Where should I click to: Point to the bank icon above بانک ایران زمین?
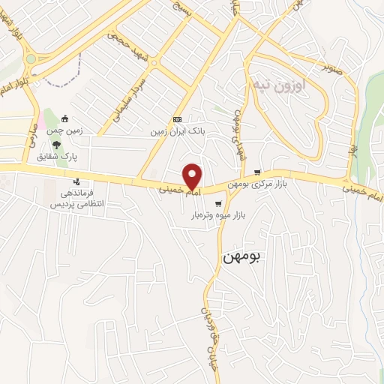click(177, 119)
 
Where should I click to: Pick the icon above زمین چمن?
click(64, 118)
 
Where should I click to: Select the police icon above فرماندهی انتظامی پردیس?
click(76, 181)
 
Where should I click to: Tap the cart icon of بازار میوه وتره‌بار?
click(218, 203)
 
